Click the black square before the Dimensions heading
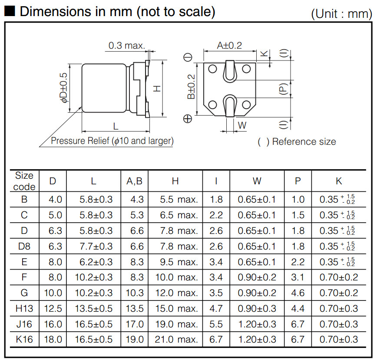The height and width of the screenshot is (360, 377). [10, 11]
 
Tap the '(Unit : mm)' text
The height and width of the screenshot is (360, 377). [341, 14]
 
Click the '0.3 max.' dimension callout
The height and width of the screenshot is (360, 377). [127, 46]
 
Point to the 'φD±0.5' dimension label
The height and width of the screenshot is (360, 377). [64, 88]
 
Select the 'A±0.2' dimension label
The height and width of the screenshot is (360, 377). [229, 46]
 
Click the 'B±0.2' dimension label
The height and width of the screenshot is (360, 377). [191, 87]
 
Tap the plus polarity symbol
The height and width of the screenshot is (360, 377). [188, 119]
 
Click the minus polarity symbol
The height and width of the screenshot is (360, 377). [188, 57]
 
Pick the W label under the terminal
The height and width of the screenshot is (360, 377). [242, 125]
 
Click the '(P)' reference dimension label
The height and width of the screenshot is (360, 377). [284, 89]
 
